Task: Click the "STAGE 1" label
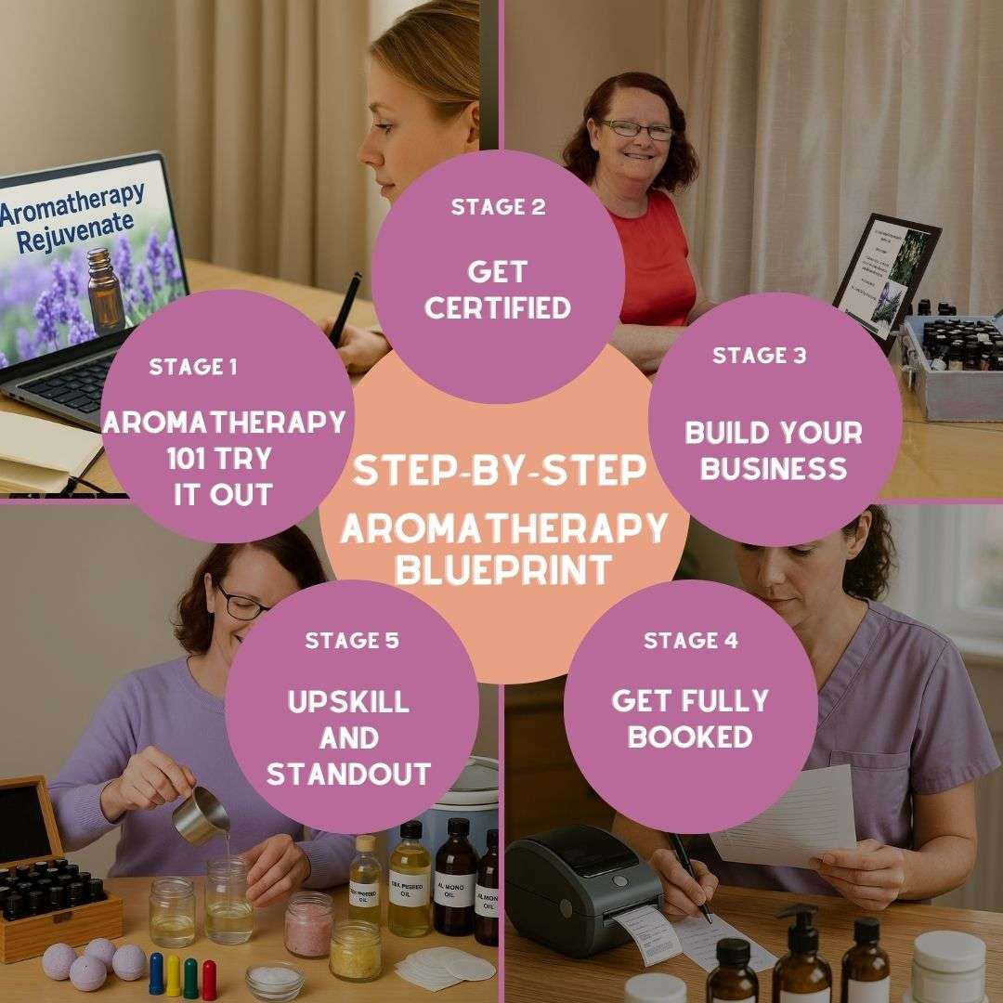193,367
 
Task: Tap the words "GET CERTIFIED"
497,290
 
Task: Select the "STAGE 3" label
759,356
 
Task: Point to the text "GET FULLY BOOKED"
690,719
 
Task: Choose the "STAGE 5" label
350,641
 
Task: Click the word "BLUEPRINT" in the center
502,568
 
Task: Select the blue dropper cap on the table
156,972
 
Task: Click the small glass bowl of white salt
274,979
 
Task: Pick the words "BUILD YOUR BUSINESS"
774,449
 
